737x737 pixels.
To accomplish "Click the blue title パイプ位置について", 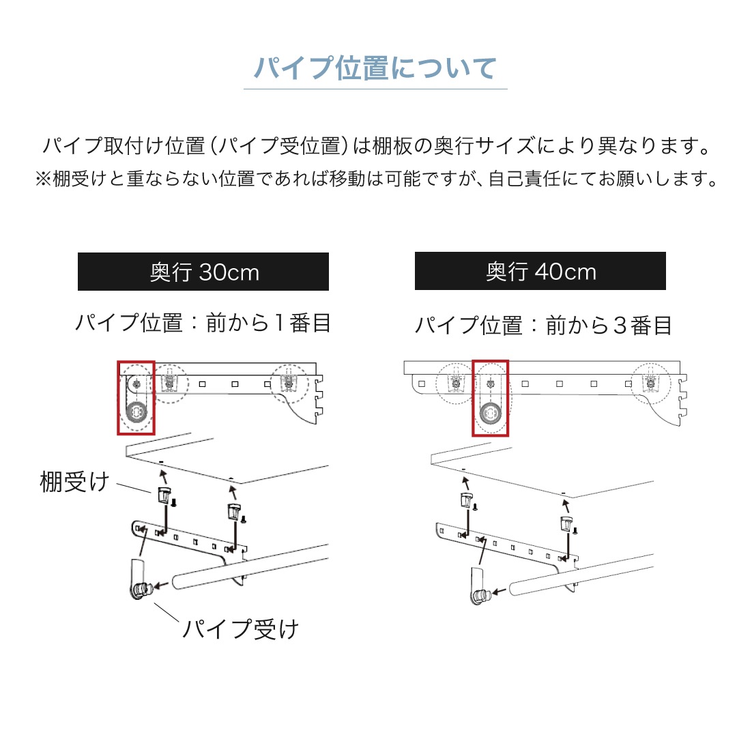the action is coord(375,68).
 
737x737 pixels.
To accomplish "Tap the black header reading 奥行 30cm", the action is coord(203,272).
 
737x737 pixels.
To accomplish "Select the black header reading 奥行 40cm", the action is coord(540,271).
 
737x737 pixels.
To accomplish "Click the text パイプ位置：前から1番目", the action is coord(203,323).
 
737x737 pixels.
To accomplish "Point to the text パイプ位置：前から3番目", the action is coord(543,326).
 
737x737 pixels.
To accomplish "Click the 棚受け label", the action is coord(75,482).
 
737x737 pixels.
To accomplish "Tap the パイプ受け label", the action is coord(240,629).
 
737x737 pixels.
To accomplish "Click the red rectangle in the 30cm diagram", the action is coord(117,398).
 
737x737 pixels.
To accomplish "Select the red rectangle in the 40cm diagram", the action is coord(473,398).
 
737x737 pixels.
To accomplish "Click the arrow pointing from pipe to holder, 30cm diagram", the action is coord(161,586).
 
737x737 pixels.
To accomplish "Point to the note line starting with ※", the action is coord(376,179).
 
